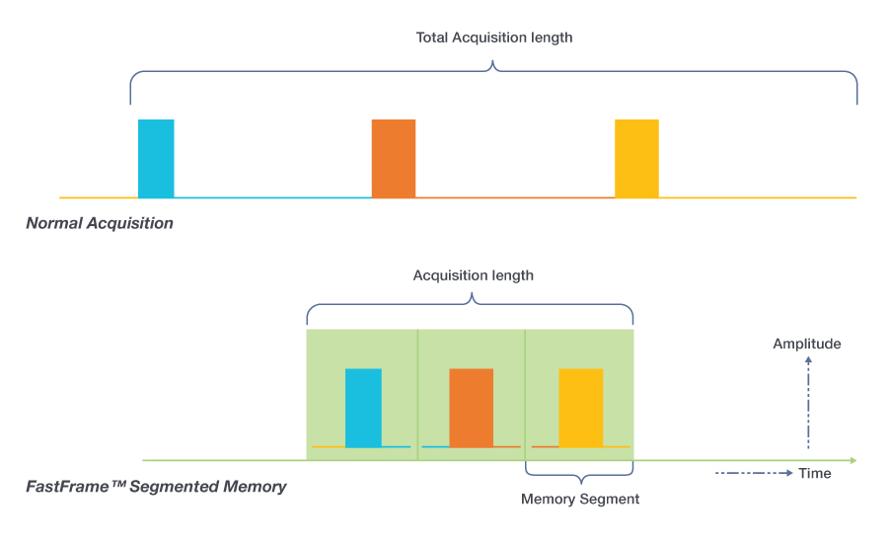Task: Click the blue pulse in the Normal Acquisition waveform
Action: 156,158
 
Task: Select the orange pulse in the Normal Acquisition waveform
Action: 394,158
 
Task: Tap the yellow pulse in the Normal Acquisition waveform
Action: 636,158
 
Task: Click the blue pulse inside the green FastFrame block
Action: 363,408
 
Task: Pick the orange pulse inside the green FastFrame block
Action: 471,408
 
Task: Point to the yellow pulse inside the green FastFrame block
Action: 580,408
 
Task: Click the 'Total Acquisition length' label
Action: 494,38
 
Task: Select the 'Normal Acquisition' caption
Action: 100,223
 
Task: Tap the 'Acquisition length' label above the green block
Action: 474,275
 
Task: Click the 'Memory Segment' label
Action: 580,499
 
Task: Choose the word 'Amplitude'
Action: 807,344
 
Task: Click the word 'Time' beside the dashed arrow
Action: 815,473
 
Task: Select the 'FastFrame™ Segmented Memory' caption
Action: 156,486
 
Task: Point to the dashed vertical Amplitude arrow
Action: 808,405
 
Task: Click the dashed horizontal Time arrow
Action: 754,473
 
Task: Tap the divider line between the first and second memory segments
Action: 417,395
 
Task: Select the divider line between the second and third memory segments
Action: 525,395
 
